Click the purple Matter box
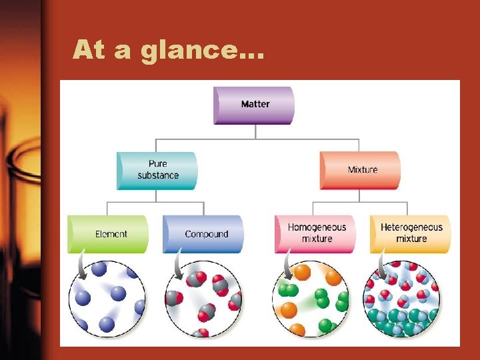pyautogui.click(x=253, y=105)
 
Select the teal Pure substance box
pyautogui.click(x=157, y=170)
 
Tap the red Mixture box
pyautogui.click(x=361, y=170)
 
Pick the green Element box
pyautogui.click(x=108, y=234)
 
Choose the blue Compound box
pyautogui.click(x=204, y=234)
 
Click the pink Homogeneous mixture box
pyautogui.click(x=316, y=233)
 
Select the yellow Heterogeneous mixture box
pyautogui.click(x=411, y=233)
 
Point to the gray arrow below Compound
pyautogui.click(x=177, y=267)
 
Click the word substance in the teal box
pyautogui.click(x=158, y=175)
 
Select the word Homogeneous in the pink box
pyautogui.click(x=317, y=227)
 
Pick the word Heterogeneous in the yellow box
pyautogui.click(x=411, y=227)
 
